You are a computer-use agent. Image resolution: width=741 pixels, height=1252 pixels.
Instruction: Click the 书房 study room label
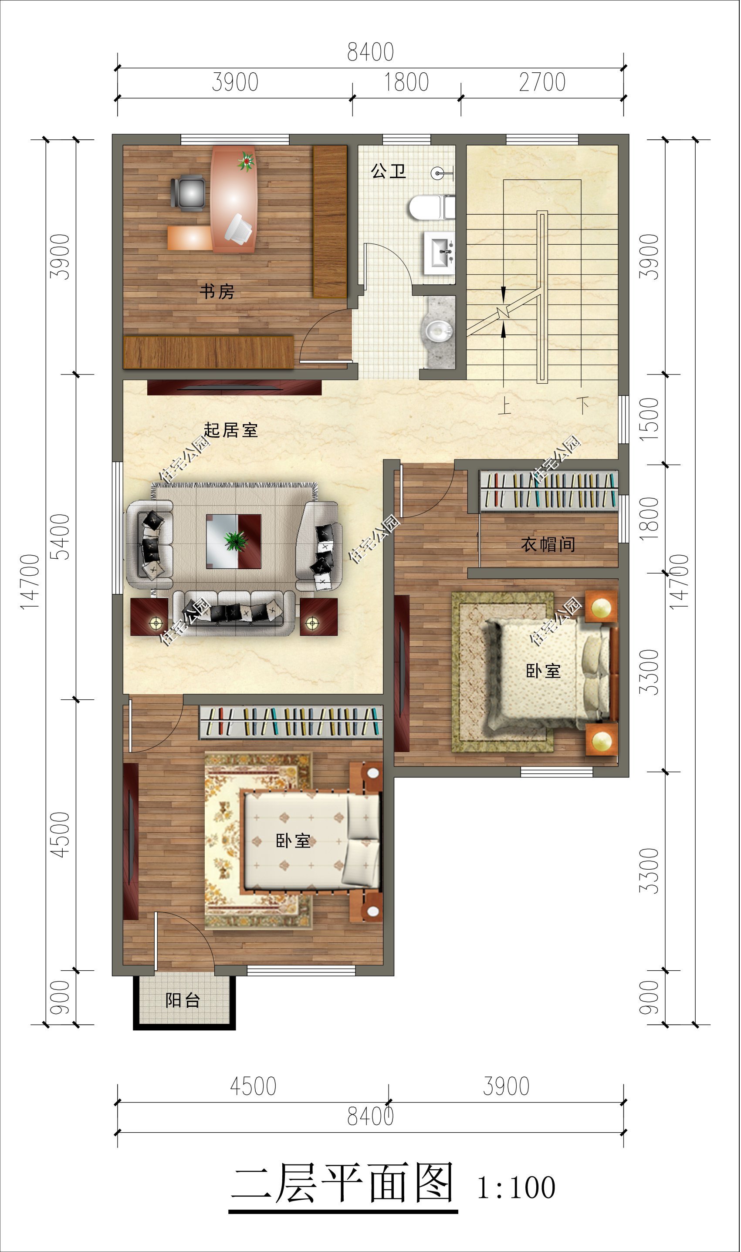(217, 291)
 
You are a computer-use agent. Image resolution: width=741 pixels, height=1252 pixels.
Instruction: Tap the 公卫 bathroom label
(388, 171)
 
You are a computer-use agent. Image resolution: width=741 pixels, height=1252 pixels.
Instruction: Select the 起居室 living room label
(231, 430)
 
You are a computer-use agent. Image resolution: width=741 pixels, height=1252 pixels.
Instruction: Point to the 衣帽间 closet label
(548, 544)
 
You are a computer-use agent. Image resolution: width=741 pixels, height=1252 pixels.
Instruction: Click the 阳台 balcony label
(183, 1000)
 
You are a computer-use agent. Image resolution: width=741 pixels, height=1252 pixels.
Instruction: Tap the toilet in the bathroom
(432, 207)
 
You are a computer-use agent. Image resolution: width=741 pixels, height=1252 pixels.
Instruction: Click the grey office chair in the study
(188, 192)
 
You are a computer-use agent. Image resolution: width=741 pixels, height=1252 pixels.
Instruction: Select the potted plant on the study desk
(246, 161)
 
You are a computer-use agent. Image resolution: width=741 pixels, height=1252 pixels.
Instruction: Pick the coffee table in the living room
(233, 541)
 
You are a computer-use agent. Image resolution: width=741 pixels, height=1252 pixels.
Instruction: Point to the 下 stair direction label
(582, 405)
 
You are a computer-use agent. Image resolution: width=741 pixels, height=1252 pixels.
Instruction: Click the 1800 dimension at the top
(406, 82)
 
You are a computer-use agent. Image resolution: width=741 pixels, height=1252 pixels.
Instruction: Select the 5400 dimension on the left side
(60, 537)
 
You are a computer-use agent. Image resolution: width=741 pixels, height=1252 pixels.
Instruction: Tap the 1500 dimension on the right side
(649, 418)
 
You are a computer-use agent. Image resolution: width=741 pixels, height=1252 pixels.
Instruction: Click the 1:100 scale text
(516, 1188)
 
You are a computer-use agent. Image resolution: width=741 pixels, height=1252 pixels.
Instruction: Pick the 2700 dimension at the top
(542, 82)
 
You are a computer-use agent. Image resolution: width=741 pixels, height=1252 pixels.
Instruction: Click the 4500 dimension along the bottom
(253, 1087)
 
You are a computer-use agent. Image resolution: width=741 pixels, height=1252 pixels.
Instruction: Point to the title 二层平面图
(342, 1183)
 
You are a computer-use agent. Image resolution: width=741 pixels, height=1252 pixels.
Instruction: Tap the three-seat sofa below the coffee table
(233, 613)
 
